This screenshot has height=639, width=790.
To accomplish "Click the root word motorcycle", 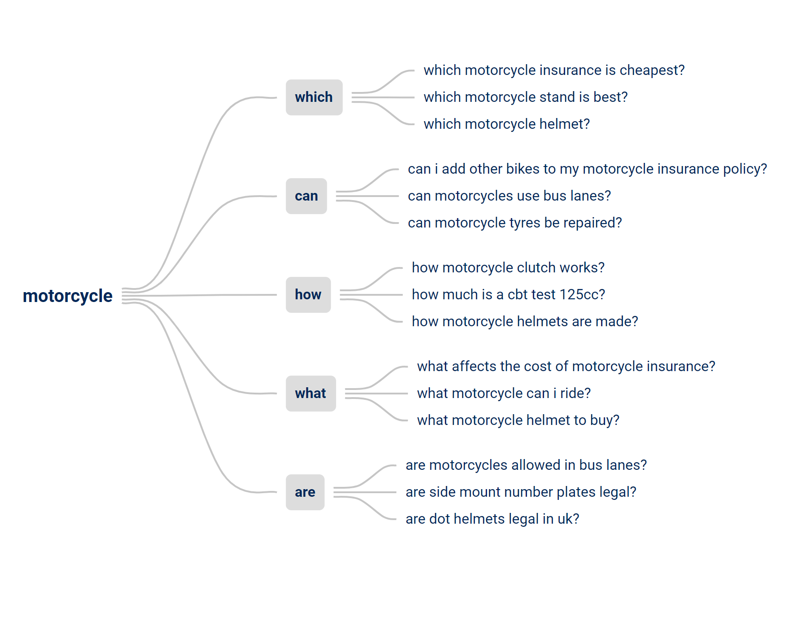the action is point(68,296).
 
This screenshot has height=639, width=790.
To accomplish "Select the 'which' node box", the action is point(314,97).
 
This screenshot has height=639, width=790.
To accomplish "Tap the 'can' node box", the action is point(307,196).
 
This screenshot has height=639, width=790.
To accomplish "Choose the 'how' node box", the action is point(308,295).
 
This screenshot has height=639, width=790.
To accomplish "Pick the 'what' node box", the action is point(311,394).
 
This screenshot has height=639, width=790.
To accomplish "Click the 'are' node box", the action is point(305,492).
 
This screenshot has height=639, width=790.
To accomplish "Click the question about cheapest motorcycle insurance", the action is point(554,70).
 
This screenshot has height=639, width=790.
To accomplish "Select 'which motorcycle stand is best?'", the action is point(526,97).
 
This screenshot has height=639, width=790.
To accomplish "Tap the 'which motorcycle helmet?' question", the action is point(507,124).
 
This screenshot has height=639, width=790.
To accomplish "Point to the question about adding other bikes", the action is point(588,169).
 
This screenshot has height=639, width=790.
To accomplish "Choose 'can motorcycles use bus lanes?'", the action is point(509,196).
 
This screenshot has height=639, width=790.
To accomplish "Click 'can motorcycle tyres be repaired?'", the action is point(515,223).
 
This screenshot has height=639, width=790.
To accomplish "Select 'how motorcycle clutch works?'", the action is point(508,268).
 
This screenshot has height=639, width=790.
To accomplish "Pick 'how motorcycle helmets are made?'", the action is point(525,322).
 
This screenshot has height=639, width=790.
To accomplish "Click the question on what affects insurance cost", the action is point(566,367).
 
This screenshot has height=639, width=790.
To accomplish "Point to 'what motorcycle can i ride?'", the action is point(504,394).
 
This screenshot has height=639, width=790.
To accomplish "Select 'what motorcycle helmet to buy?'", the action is point(518,420).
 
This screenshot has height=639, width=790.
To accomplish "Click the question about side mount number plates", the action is point(521,492).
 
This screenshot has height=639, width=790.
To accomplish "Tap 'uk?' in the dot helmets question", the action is point(568,519).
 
